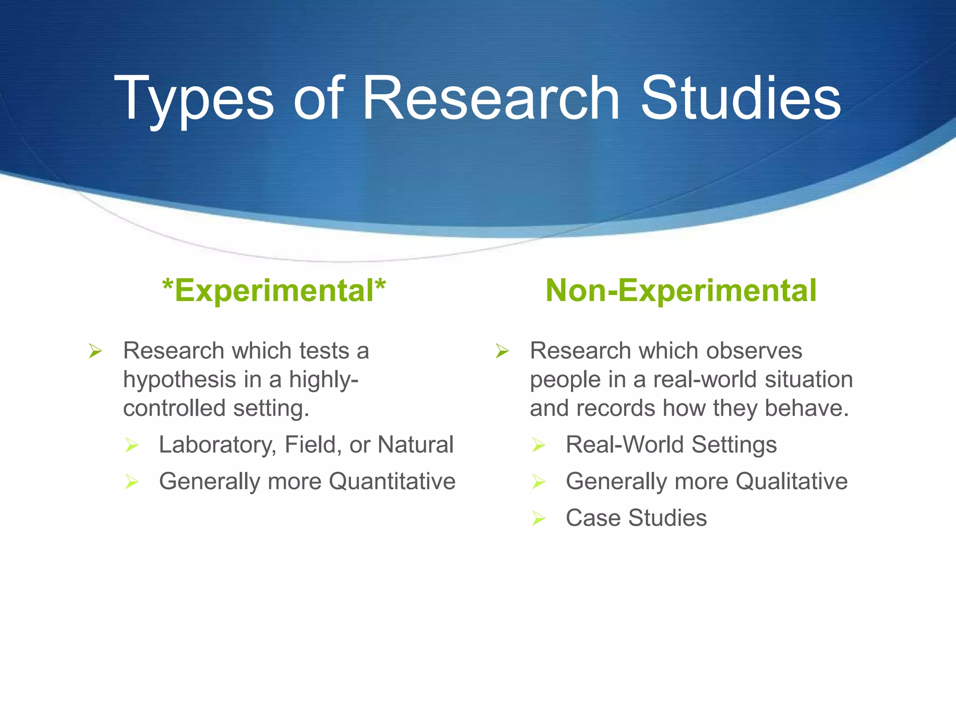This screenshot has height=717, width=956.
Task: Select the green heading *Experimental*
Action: (274, 290)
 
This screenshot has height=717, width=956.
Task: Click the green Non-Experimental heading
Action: (681, 290)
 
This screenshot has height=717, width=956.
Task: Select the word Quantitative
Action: (392, 481)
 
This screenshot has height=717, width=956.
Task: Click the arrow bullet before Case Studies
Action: (539, 519)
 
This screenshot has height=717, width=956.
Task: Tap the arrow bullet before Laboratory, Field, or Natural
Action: (132, 445)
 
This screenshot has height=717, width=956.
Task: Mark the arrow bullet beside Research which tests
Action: (96, 351)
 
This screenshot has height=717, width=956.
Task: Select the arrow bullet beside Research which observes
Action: (502, 351)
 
